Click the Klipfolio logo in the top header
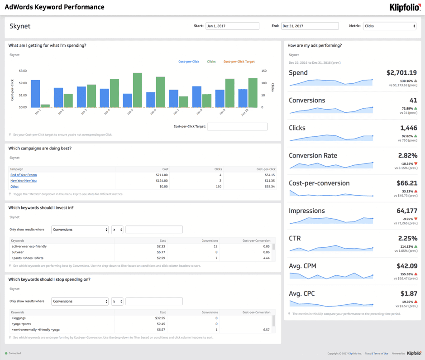coord(405,7)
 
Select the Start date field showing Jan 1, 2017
coord(232,26)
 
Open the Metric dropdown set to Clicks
coord(389,26)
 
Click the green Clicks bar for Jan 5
coord(138,90)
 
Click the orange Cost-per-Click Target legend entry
coord(239,62)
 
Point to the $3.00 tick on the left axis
coord(23,71)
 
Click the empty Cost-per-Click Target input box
coord(237,127)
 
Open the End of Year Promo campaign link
coord(24,175)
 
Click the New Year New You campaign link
coord(24,181)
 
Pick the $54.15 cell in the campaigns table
coord(270,175)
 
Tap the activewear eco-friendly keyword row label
coord(29,246)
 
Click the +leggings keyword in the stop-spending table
coord(19,318)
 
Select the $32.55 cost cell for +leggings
coord(160,318)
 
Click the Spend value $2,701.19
coord(401,72)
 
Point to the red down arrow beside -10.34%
coord(416,163)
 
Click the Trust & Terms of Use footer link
coord(377,354)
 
